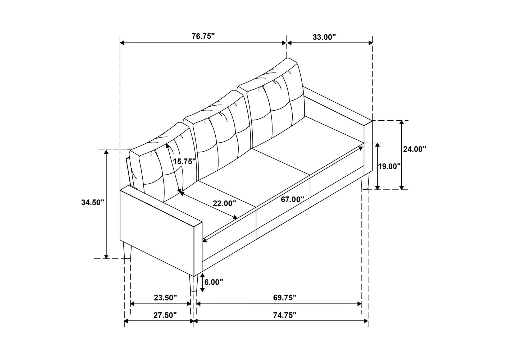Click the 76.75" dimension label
[x=203, y=37]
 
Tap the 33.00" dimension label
[x=324, y=37]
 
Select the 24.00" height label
[x=415, y=149]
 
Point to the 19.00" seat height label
[x=389, y=166]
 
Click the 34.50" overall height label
[x=93, y=202]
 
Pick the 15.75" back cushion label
[x=184, y=161]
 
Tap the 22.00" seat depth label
[x=224, y=203]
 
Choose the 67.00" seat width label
[x=292, y=199]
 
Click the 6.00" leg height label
[x=214, y=282]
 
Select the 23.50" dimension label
[x=165, y=298]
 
